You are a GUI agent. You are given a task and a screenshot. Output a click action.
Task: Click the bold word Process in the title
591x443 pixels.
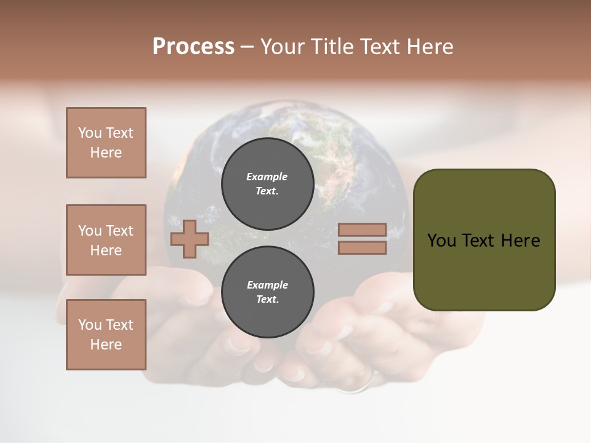tap(193, 47)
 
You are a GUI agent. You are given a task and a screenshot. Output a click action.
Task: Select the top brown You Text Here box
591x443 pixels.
tap(106, 143)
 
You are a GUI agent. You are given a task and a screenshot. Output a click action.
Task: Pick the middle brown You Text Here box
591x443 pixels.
tap(106, 240)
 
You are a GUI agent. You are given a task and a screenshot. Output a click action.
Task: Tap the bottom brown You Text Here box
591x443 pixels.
tap(106, 334)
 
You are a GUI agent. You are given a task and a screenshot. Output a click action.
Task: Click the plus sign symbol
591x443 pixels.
tap(190, 239)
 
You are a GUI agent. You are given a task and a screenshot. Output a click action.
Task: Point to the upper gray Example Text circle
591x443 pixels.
tap(267, 183)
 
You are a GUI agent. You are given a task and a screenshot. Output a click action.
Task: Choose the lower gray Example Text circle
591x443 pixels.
tap(267, 292)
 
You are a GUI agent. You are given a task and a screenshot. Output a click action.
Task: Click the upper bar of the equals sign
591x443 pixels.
tap(362, 230)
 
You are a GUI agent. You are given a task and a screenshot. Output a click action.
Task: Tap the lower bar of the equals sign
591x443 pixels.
tap(362, 248)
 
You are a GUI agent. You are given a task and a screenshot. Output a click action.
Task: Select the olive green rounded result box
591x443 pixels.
tap(484, 240)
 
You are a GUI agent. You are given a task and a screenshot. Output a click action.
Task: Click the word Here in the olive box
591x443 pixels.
tap(520, 241)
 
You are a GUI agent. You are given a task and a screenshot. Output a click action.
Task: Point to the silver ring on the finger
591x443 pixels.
tap(363, 386)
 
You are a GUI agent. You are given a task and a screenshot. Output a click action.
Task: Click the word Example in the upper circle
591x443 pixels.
tap(267, 177)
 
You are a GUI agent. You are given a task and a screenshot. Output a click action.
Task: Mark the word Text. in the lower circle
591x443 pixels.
tap(267, 300)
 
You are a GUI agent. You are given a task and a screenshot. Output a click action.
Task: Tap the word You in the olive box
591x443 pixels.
tap(441, 241)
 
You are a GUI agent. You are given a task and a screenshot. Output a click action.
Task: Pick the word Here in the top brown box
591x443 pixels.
tap(106, 153)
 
